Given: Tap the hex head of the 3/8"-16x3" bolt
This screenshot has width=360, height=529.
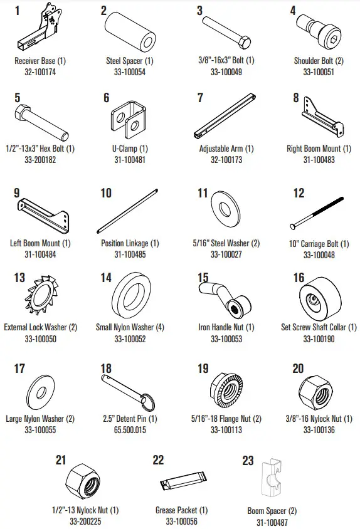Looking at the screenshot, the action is point(245,43).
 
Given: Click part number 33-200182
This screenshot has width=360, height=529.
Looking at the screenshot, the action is point(40,160).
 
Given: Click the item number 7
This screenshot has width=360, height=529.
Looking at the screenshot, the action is point(200,98).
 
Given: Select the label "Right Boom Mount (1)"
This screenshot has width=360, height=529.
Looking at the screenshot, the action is point(319,149).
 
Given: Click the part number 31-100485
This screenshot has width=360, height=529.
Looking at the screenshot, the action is point(130,254).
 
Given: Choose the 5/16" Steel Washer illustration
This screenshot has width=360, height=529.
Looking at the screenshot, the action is point(225,207).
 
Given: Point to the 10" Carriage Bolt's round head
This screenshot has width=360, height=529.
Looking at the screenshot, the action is point(293,227).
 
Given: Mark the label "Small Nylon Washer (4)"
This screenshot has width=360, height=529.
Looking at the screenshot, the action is point(130,327).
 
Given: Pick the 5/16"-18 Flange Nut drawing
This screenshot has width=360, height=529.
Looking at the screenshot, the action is point(226,389).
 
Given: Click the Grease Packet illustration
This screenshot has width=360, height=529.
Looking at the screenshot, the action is point(183,480).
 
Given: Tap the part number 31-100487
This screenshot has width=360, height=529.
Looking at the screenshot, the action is point(272,522).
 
